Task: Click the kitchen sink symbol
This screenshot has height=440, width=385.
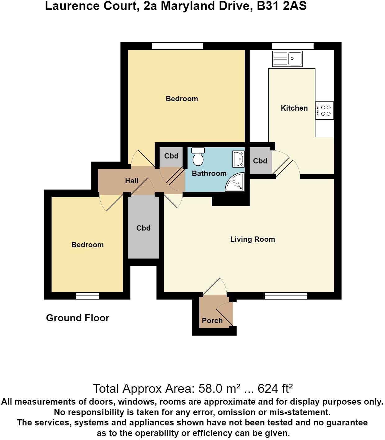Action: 287,59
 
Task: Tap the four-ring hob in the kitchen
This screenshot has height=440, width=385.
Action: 325,111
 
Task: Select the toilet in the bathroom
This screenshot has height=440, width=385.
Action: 198,157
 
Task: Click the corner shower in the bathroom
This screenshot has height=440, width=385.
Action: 235,183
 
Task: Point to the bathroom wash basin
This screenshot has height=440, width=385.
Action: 238,159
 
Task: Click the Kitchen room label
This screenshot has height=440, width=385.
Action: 294,108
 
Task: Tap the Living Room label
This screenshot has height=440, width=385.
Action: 252,239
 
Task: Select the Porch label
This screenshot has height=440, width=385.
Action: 212,321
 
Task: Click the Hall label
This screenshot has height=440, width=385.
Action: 132,181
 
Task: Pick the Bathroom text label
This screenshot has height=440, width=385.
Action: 209,173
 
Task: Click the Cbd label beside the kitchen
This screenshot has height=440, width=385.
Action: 260,161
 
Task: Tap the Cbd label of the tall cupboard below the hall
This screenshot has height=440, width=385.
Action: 143,228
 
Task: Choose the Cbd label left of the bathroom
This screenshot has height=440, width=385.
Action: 171,156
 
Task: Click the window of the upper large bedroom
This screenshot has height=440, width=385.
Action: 177,46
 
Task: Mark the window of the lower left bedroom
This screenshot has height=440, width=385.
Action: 88,296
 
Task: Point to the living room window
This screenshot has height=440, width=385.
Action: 286,296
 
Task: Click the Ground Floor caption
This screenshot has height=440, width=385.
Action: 78,318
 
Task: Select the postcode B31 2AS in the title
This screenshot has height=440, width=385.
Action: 282,6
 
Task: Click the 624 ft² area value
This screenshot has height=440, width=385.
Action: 275,389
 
